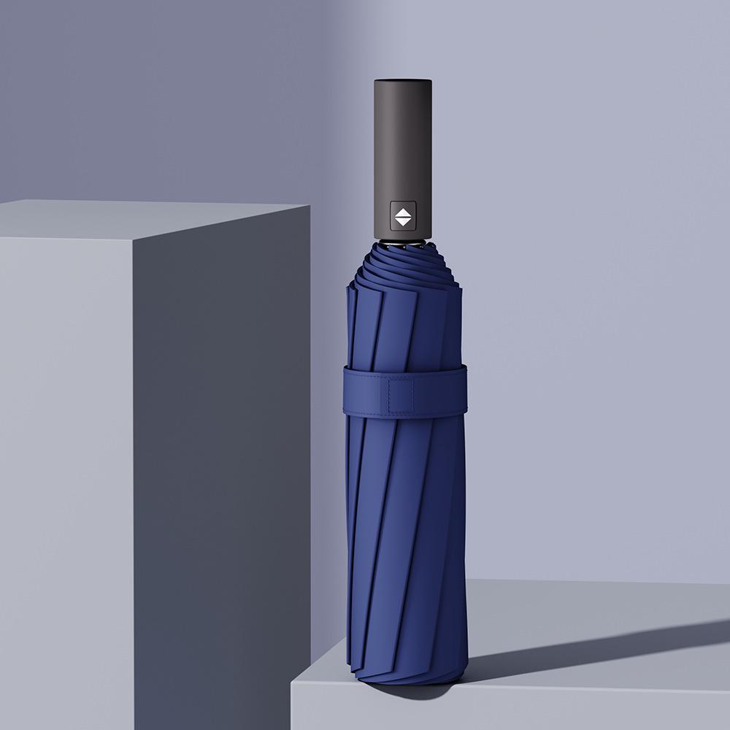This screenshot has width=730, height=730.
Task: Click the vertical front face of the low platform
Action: [x=511, y=708]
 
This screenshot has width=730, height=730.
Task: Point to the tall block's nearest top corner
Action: [x=133, y=237]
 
